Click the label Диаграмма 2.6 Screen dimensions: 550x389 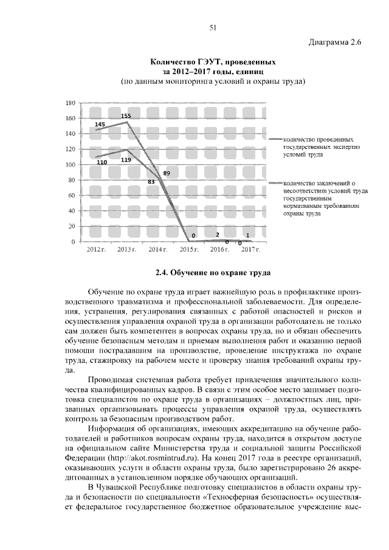click(335, 43)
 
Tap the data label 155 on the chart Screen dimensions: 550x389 click(126, 115)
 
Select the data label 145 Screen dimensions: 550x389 click(100, 124)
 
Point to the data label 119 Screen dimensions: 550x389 click(126, 159)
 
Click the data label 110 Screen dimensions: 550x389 click(101, 162)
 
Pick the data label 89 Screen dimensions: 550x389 click(167, 173)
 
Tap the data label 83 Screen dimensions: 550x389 click(151, 181)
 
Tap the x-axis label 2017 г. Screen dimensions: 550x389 click(250, 250)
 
